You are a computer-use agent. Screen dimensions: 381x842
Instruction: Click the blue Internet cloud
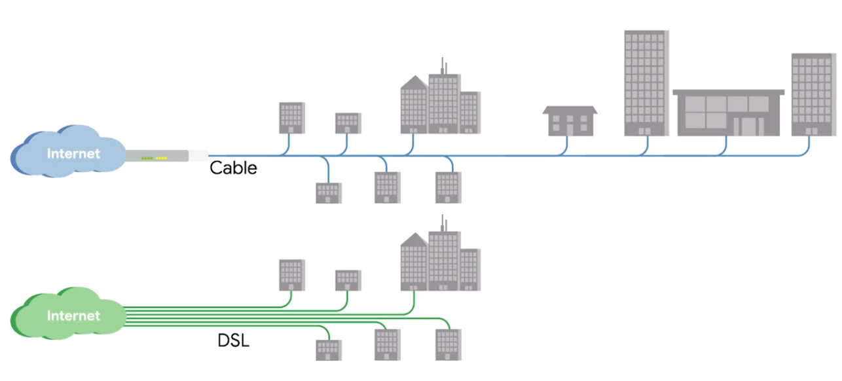coord(69,153)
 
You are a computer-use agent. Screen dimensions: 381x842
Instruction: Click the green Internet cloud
coord(69,315)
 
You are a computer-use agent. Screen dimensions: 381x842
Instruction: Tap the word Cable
coord(233,168)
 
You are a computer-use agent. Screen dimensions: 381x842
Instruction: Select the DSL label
coord(233,340)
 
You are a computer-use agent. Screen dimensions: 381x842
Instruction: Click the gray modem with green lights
coord(157,156)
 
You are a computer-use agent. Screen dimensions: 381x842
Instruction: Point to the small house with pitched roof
coord(570,120)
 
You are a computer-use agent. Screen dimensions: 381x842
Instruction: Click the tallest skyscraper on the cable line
coord(646,82)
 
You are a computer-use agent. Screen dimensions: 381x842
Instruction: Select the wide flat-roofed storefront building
coord(728,113)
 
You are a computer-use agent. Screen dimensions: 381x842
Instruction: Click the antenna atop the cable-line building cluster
coord(443,65)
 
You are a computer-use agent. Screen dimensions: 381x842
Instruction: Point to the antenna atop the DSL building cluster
coord(443,223)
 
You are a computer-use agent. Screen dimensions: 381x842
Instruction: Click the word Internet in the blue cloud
coord(73,154)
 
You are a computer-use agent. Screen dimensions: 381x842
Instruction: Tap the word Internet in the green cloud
coord(73,316)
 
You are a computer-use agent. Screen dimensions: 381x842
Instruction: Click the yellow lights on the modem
coord(161,158)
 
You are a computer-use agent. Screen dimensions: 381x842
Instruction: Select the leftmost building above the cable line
coord(291,118)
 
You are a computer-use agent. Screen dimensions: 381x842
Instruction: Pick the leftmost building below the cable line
coord(328,192)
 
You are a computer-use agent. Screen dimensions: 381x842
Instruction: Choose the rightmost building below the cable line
coord(448,187)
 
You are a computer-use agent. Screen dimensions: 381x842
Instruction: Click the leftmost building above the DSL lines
coord(291,275)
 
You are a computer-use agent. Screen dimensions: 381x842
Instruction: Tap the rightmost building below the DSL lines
coord(448,344)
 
